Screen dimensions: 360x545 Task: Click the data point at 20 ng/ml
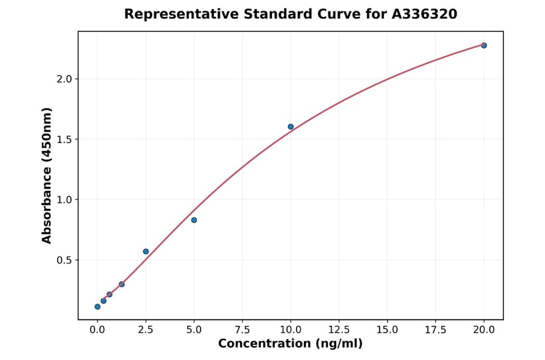484,45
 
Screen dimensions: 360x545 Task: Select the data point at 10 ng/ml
291,127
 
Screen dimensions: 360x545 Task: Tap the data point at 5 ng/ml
194,220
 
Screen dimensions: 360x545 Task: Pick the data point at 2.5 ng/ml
146,252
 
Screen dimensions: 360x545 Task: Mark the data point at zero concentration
97,307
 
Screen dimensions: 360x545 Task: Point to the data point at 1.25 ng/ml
122,284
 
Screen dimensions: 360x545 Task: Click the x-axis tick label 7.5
242,330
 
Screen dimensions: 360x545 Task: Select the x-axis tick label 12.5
339,330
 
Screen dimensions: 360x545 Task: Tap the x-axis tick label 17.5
435,330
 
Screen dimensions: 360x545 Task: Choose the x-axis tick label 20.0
484,330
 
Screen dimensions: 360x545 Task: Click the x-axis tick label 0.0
97,330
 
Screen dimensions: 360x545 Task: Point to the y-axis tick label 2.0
64,79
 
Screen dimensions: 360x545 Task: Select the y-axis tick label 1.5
64,139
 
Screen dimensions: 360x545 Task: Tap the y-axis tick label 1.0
64,200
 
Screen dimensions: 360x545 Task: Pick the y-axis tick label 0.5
64,260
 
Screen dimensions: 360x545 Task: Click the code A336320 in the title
424,14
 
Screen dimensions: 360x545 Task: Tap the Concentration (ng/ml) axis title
291,344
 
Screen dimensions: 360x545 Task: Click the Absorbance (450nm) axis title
47,175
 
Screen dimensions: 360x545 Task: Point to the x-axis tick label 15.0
387,330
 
